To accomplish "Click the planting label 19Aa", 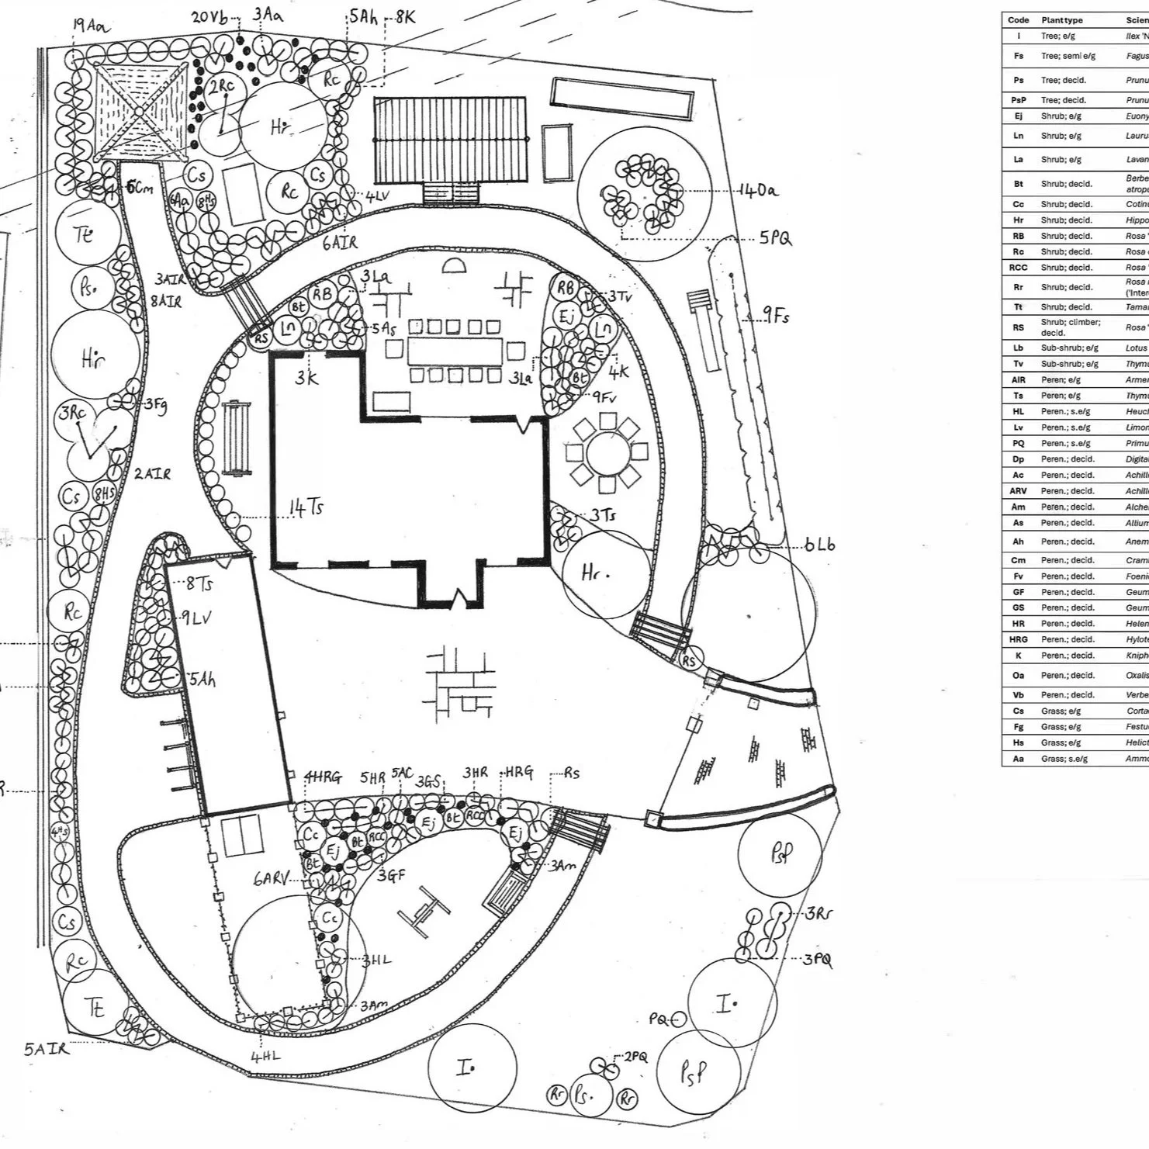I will (x=92, y=26).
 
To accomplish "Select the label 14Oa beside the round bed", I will (x=758, y=190).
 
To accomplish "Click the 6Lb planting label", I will (x=819, y=545).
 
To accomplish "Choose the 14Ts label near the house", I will (x=306, y=508).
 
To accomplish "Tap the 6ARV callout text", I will (x=271, y=880).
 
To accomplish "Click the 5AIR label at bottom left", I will (x=46, y=1050).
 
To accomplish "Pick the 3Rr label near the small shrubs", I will (x=818, y=913).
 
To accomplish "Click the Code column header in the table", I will (x=1018, y=20).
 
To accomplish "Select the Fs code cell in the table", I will (x=1018, y=56).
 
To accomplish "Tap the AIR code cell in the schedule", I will (x=1018, y=380).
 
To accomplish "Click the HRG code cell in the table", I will (x=1018, y=639).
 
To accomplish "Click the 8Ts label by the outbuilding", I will (x=199, y=584).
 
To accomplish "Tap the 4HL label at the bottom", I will (x=265, y=1056).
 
